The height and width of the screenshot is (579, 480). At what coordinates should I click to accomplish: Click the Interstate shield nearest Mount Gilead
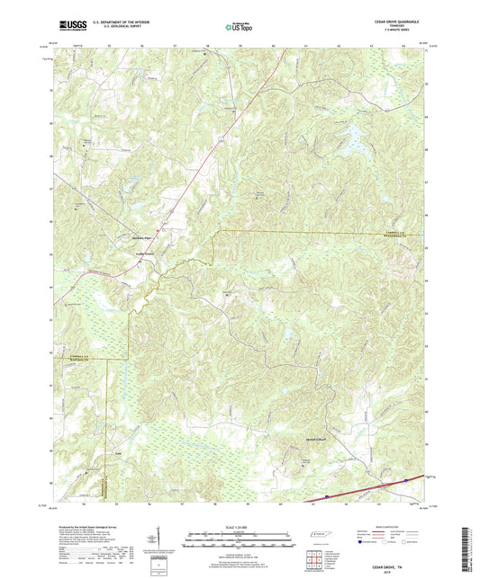[404, 483]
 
